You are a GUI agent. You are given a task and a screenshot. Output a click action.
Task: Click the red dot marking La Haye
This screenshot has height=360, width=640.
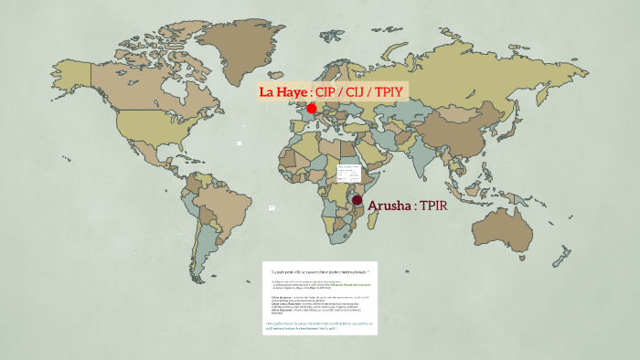tap(312, 109)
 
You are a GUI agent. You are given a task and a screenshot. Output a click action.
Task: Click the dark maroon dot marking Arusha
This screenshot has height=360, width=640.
tap(357, 201)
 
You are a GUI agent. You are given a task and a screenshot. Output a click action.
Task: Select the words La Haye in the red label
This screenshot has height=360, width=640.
tap(283, 92)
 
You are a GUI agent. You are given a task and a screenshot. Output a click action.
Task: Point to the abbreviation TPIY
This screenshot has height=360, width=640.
tap(389, 92)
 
